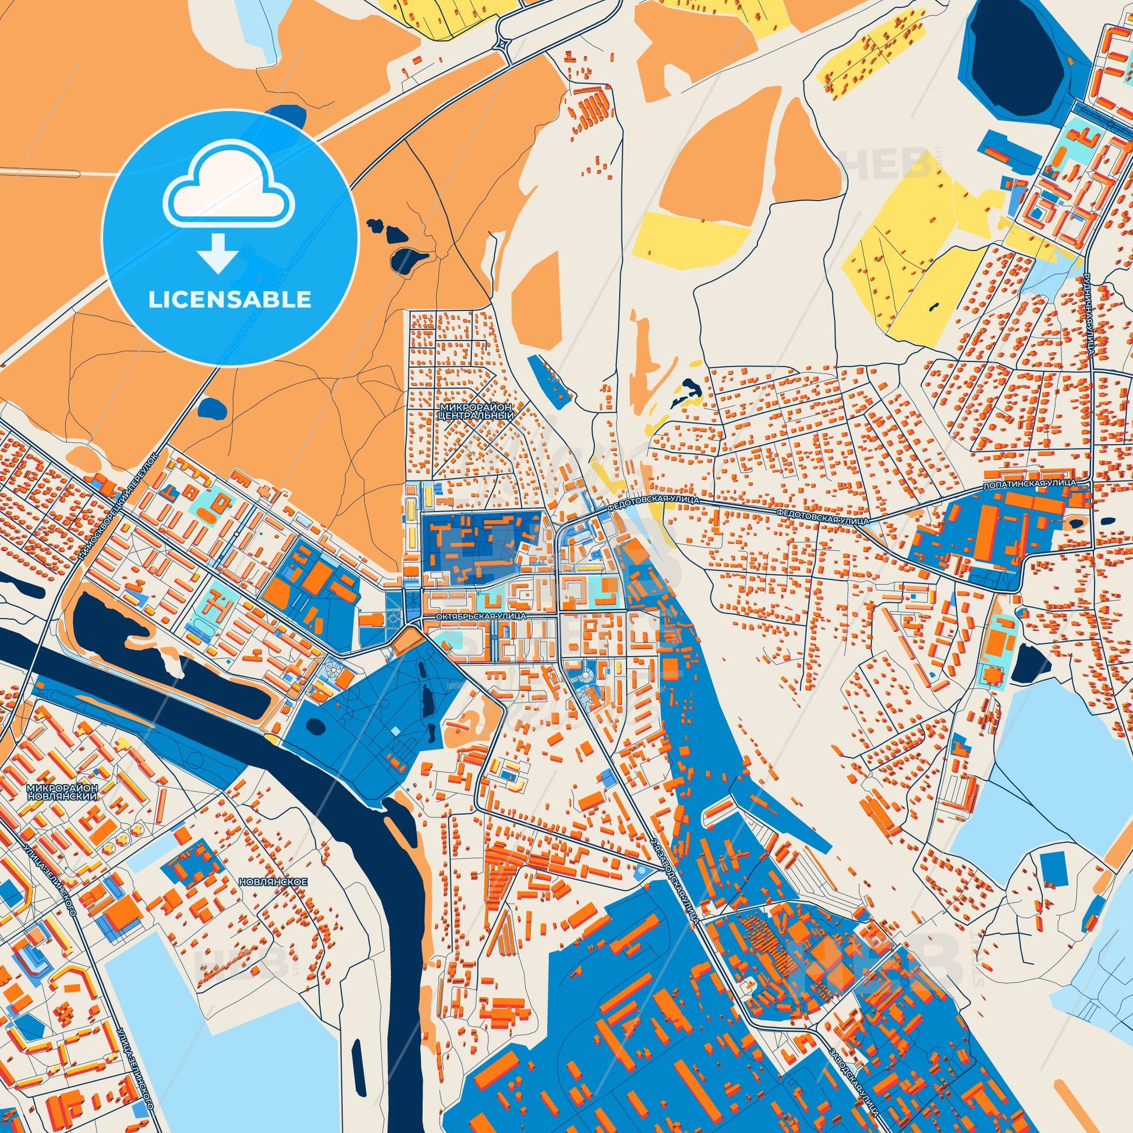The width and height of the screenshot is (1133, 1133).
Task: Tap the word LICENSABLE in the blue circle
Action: coord(230,300)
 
